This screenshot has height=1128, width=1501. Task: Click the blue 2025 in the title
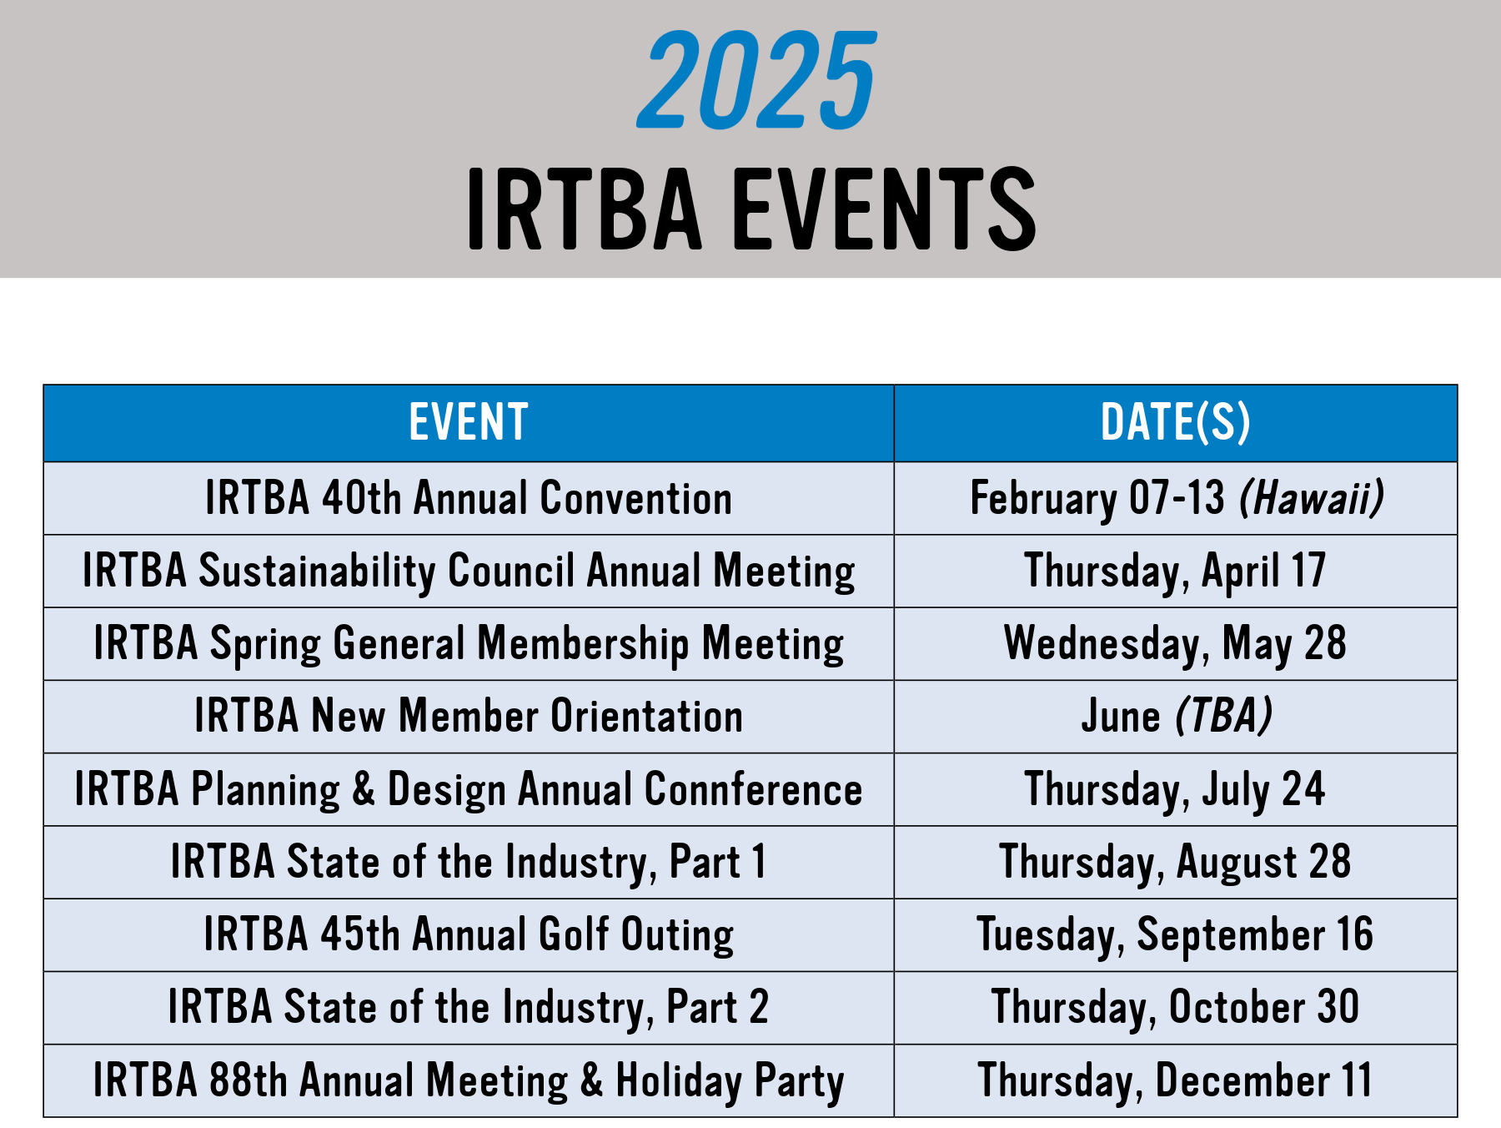756,80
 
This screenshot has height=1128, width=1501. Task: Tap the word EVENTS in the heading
884,209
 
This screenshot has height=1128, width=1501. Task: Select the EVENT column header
469,422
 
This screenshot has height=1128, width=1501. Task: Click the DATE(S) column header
1176,422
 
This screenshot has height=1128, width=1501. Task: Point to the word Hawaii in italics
1312,498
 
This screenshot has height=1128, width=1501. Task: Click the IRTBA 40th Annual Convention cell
469,498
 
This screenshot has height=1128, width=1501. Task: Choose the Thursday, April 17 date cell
1175,572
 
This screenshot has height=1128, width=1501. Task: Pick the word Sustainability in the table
317,572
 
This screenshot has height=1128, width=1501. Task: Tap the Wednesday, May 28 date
1175,644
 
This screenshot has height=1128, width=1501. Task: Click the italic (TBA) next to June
1224,716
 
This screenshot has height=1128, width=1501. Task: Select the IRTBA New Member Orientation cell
469,717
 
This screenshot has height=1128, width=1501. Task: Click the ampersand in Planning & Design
364,789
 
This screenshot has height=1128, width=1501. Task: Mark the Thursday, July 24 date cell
1175,789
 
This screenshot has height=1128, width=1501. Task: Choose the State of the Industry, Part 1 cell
469,862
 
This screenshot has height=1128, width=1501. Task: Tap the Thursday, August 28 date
1175,862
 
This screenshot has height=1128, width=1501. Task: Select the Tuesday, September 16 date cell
1175,934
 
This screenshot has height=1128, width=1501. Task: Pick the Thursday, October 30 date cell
1175,1007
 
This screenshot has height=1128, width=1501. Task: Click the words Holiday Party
730,1080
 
